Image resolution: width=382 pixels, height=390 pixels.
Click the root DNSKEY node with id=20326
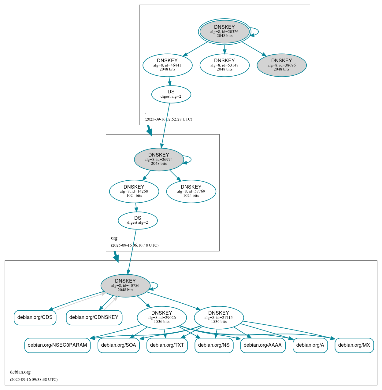tap(224, 31)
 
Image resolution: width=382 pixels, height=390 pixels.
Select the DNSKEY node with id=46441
tap(167, 65)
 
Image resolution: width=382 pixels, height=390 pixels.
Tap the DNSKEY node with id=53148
tap(224, 65)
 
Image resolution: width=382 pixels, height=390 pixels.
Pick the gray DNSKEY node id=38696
tap(281, 65)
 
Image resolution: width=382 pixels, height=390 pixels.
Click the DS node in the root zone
tap(171, 94)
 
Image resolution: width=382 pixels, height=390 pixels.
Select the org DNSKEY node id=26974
tap(159, 159)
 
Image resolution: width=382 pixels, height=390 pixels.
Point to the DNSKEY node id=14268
tap(134, 191)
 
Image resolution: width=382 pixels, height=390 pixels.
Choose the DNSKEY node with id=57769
tap(191, 191)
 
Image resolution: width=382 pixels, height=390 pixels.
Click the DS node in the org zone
tap(138, 220)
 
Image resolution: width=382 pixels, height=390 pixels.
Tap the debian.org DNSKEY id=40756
tap(125, 286)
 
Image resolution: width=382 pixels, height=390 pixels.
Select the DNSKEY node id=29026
tap(162, 318)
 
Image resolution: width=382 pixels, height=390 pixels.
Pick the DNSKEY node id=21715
tap(219, 318)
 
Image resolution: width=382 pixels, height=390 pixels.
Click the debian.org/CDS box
tap(35, 317)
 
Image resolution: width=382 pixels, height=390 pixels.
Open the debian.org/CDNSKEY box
tap(94, 317)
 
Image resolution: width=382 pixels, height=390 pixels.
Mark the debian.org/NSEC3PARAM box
tap(57, 345)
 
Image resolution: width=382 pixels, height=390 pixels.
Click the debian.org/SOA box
tap(119, 345)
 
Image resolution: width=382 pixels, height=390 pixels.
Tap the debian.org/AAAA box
tap(263, 345)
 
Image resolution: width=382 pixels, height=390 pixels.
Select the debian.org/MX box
tap(354, 345)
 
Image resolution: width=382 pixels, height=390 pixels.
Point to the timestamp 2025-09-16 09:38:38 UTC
tap(34, 380)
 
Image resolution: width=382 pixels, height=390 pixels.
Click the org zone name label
tap(114, 238)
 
